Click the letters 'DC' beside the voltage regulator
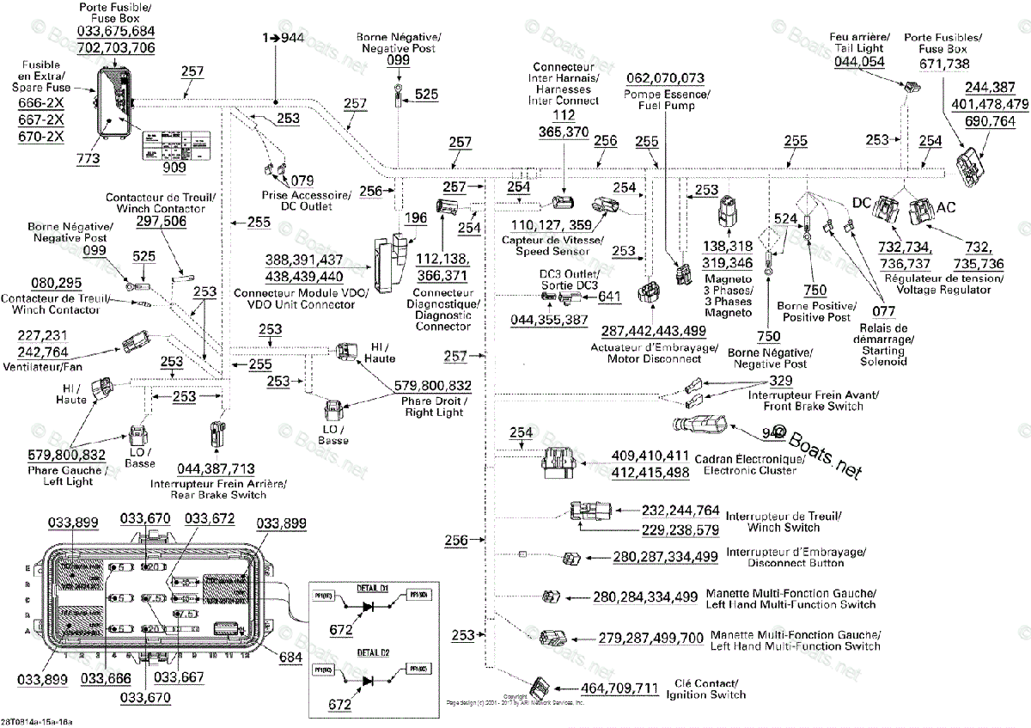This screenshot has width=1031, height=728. point(862,202)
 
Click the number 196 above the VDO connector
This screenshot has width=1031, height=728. point(416,217)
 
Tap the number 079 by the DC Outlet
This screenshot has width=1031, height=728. point(302,180)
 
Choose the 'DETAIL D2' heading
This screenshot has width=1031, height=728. point(373,653)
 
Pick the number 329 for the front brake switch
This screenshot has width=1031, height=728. point(780,380)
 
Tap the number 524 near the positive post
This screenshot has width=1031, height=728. point(788,219)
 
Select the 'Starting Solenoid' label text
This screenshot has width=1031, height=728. point(883,356)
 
